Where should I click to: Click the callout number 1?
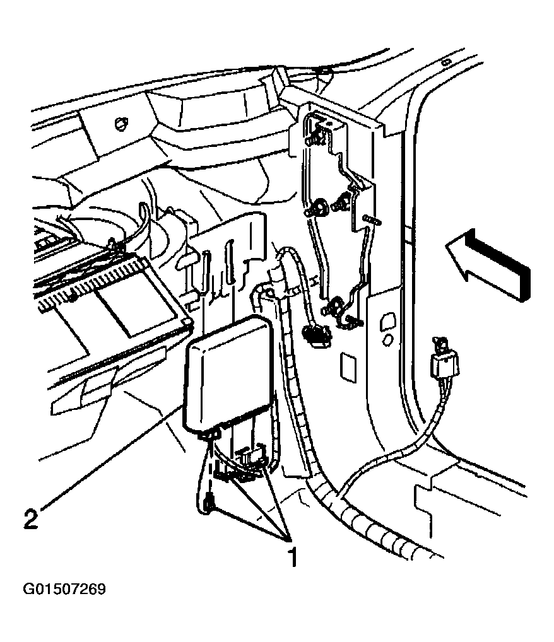coord(291,558)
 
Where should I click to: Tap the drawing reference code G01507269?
coord(64,590)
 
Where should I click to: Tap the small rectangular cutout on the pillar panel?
coord(348,366)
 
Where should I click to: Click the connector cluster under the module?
coord(243,464)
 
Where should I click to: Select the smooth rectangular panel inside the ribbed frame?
coord(136,303)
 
